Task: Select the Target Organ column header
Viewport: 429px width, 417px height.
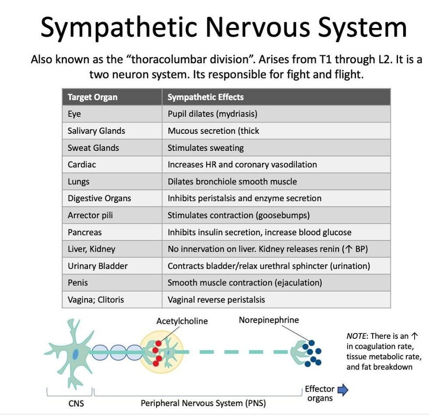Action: [x=92, y=97]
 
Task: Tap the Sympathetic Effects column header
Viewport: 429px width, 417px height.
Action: [x=206, y=97]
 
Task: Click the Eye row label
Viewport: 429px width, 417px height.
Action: [x=74, y=114]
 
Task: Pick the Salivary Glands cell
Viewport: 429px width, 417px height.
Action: [x=96, y=131]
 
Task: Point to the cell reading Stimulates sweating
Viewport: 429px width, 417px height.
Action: [x=206, y=148]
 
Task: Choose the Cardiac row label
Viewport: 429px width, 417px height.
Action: [x=82, y=165]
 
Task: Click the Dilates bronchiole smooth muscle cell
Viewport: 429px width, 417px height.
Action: [x=232, y=181]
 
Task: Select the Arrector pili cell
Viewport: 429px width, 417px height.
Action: [x=91, y=215]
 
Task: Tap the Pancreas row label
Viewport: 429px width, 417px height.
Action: [x=85, y=232]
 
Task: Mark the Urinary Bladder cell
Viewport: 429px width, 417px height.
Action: [x=98, y=266]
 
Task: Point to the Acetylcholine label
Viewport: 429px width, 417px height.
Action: [x=182, y=321]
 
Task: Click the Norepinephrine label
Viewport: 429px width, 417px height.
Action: [x=269, y=320]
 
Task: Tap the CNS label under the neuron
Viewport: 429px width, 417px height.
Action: [x=76, y=403]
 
